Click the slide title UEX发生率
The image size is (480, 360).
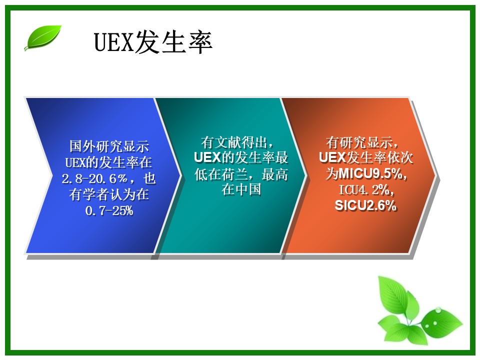click(x=153, y=42)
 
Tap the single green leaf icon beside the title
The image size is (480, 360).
click(x=43, y=37)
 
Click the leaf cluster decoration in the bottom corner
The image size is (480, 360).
click(x=419, y=310)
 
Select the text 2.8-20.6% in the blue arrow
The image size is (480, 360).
click(x=94, y=178)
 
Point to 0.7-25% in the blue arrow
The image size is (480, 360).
click(x=109, y=210)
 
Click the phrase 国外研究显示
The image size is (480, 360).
click(x=109, y=146)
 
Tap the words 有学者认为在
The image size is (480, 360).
click(x=109, y=194)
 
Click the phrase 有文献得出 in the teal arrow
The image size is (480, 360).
click(x=233, y=142)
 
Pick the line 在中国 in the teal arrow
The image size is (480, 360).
click(x=241, y=189)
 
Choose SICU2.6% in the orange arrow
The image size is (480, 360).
click(x=366, y=205)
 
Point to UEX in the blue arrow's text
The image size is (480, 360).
click(x=75, y=162)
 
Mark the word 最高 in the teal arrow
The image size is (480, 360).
click(x=275, y=174)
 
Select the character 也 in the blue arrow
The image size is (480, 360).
click(x=149, y=178)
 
